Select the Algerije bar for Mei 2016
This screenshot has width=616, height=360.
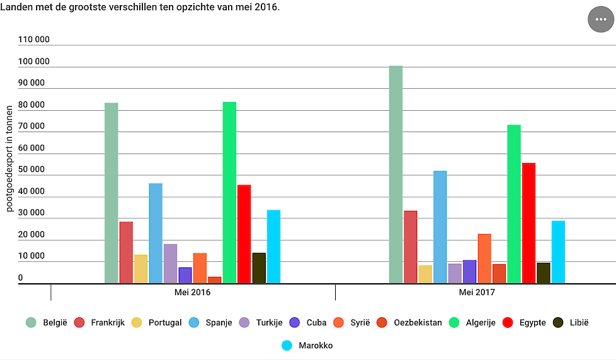[229, 193]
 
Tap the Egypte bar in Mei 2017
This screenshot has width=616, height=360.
[528, 223]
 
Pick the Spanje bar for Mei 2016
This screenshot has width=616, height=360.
[156, 233]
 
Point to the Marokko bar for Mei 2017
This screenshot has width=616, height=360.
[558, 252]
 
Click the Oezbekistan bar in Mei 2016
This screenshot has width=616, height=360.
[215, 280]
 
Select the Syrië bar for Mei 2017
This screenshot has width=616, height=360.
[484, 259]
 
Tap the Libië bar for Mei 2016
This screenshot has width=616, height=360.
[259, 268]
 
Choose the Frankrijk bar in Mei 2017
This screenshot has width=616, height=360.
[410, 247]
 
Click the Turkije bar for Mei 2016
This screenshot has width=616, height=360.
[170, 264]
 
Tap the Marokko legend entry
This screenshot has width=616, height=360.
[307, 346]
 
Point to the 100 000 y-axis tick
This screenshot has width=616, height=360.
[34, 62]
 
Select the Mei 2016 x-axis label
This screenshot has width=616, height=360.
[193, 293]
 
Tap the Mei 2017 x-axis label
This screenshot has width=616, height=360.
[477, 293]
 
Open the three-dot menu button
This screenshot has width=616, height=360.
[600, 20]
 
